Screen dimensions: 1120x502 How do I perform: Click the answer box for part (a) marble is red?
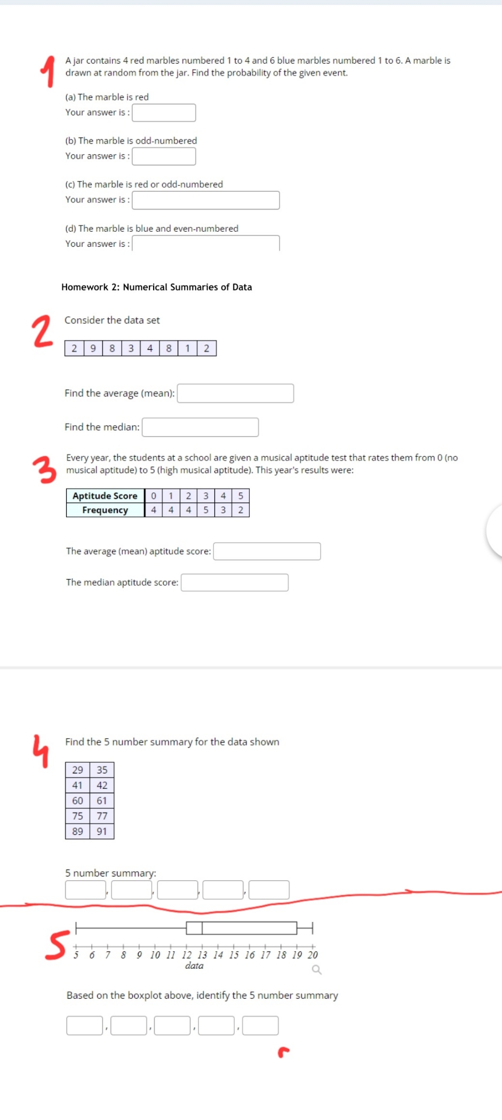(x=164, y=113)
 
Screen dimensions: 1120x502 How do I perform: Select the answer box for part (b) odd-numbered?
(x=164, y=156)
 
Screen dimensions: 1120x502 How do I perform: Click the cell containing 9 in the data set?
(x=93, y=349)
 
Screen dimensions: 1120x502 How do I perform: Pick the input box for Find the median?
(x=200, y=427)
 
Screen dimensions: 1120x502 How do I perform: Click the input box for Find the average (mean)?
(x=235, y=394)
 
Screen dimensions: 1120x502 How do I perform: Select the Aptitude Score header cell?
(x=105, y=496)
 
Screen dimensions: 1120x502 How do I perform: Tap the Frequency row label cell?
(x=105, y=510)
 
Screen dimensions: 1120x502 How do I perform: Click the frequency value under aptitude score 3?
(x=206, y=510)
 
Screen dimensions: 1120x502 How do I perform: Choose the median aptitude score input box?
(x=235, y=583)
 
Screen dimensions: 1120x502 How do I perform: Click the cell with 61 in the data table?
(x=102, y=801)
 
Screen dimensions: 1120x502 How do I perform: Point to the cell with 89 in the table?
(x=77, y=832)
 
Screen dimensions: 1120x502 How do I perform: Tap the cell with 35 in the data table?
(x=102, y=770)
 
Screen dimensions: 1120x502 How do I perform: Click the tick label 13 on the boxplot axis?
(x=202, y=955)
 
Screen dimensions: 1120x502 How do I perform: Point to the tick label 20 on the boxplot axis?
(x=313, y=955)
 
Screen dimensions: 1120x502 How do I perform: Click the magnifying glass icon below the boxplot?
(x=316, y=969)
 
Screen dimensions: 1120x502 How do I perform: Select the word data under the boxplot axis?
(x=194, y=966)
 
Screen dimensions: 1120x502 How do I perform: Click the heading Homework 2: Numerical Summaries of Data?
(x=156, y=287)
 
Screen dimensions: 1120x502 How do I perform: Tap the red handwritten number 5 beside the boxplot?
(x=57, y=945)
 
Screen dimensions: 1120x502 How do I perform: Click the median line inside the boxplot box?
(x=202, y=928)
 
